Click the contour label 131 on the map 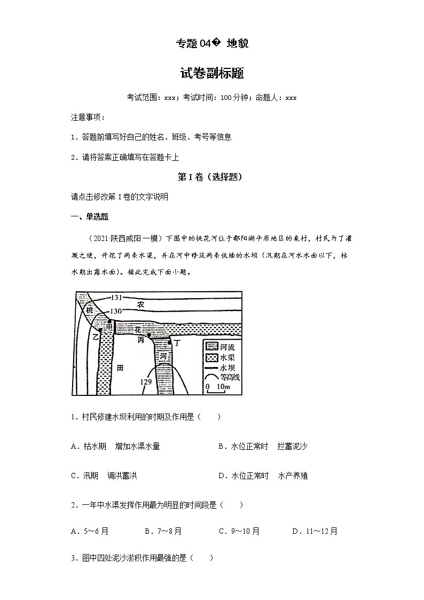click(117, 297)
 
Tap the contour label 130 click(117, 311)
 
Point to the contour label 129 click(146, 381)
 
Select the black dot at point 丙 click(149, 335)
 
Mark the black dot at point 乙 click(100, 330)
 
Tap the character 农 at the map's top click(140, 304)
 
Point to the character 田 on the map click(121, 368)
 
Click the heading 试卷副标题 click(212, 74)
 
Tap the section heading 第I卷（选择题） click(212, 177)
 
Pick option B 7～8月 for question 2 click(163, 531)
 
